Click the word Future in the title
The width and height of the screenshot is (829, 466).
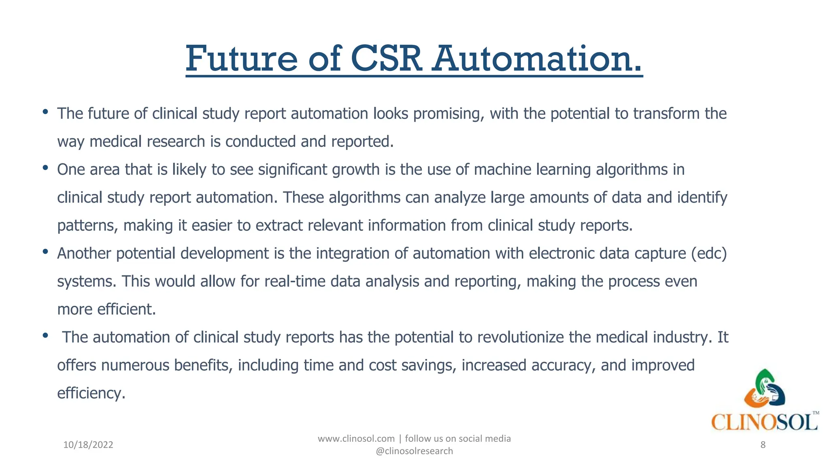[242, 59]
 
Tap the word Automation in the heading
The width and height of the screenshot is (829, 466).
[536, 59]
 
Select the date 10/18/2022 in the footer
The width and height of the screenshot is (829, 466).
[88, 445]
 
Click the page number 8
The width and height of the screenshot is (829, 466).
[763, 445]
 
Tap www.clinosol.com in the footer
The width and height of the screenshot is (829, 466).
[356, 438]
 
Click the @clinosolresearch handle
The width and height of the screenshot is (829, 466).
[414, 451]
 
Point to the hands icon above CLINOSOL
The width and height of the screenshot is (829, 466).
[764, 389]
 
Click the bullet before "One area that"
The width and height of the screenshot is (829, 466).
[45, 167]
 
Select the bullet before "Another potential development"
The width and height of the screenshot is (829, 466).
[45, 252]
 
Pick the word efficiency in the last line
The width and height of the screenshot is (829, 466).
[91, 393]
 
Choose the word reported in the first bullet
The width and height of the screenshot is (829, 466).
[362, 142]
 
